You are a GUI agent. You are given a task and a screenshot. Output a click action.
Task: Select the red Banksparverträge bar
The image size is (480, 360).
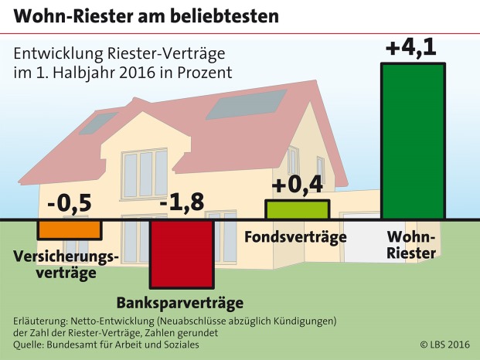[182, 255]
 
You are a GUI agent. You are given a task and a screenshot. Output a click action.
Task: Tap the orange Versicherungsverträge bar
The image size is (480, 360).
[70, 229]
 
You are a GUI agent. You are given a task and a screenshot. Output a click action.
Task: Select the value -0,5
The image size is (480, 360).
[70, 204]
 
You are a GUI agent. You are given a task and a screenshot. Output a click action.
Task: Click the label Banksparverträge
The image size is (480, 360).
[180, 302]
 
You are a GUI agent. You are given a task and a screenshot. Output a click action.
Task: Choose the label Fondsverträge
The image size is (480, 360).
[295, 237]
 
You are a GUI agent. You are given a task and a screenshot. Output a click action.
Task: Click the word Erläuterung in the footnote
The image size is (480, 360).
[43, 320]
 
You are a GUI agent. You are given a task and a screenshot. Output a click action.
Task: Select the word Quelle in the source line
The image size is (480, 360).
[30, 345]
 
